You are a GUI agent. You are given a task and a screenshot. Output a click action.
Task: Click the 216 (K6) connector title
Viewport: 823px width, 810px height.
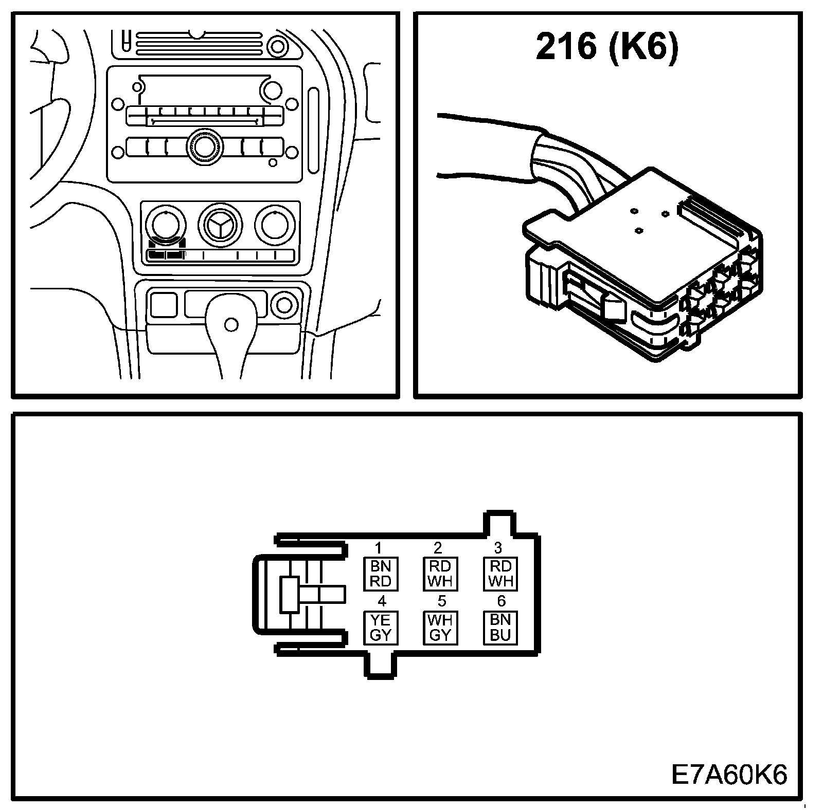click(607, 47)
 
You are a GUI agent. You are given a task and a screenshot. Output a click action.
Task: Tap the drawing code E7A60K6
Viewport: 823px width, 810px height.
click(729, 775)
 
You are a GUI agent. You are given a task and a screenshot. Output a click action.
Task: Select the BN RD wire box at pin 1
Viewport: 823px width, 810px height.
click(381, 574)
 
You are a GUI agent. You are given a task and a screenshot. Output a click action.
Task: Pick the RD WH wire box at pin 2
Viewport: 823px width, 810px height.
click(440, 574)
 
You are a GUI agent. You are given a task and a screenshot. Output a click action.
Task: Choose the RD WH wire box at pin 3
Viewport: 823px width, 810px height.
click(500, 574)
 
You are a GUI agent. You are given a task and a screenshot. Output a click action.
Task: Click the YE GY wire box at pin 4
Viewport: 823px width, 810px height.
click(381, 628)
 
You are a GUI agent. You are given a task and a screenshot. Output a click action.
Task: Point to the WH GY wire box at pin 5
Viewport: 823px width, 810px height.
click(440, 628)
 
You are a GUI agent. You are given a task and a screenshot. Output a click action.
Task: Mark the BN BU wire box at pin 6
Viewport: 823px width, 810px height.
click(500, 628)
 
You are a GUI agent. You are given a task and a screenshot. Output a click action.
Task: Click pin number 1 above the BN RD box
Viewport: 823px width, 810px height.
click(379, 548)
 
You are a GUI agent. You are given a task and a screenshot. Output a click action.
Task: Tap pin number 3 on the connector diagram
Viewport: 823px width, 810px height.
click(498, 548)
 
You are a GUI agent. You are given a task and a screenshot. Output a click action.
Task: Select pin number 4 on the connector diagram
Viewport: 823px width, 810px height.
click(382, 601)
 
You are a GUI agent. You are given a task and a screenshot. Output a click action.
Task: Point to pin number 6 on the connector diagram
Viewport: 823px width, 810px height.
click(501, 601)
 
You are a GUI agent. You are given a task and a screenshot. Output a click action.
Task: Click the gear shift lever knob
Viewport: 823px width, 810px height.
click(231, 324)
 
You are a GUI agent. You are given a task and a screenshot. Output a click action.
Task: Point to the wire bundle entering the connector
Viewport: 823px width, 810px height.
click(566, 164)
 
